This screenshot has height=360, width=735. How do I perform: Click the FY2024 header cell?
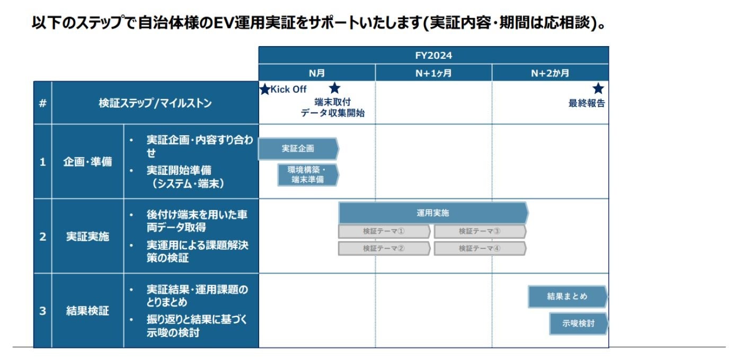coord(433,55)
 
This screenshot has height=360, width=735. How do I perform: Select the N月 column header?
coord(317,73)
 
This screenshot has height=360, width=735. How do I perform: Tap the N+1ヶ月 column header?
coord(433,73)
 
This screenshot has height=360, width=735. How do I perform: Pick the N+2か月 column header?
coord(550,73)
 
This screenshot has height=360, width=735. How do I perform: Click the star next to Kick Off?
coord(265,90)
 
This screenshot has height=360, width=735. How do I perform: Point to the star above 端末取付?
coord(334,89)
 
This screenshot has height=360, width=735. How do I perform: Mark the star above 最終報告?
coord(598,89)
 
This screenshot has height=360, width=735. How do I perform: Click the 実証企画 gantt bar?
coord(298,149)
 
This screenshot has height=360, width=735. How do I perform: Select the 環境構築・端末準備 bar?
coord(307,175)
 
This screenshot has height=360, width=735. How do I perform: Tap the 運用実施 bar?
coord(433,213)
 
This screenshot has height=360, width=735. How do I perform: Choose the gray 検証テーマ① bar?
coord(384,231)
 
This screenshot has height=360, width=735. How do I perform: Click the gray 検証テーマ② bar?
coord(384,248)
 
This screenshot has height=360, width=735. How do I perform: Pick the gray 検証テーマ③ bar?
coord(480,231)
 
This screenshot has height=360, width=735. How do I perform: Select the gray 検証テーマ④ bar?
coord(480,248)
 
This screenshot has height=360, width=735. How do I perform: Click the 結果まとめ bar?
coord(567,296)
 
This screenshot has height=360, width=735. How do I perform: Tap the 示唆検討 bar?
coord(578,323)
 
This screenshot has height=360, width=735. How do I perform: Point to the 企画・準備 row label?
coord(87,162)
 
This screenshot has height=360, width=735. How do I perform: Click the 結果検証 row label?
coord(87,311)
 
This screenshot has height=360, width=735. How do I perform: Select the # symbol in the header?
coord(42,103)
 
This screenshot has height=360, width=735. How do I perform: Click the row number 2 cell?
coord(42,236)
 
